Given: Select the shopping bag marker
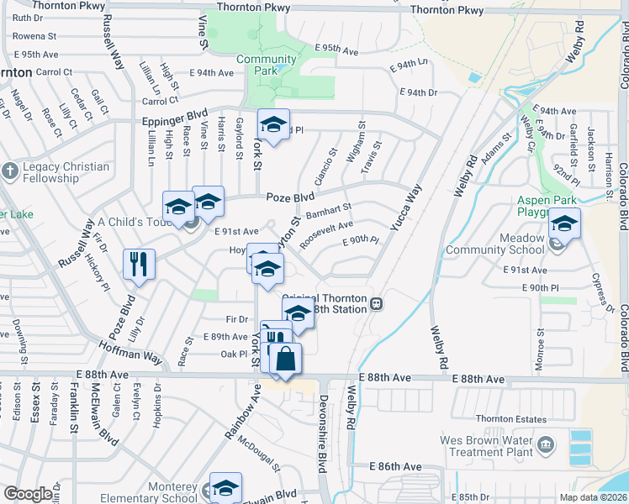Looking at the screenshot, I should tap(286, 358).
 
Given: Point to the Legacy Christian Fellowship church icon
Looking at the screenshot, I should tap(9, 172).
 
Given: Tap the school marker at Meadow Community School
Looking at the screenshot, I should tap(564, 225).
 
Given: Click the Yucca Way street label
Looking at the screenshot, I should tap(404, 207).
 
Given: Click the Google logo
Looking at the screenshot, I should tap(28, 494).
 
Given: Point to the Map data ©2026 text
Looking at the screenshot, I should tap(593, 497).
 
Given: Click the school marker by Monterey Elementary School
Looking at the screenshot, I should tap(225, 488).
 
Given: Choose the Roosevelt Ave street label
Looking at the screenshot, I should tap(326, 231).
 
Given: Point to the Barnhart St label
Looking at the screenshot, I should tap(328, 211).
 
